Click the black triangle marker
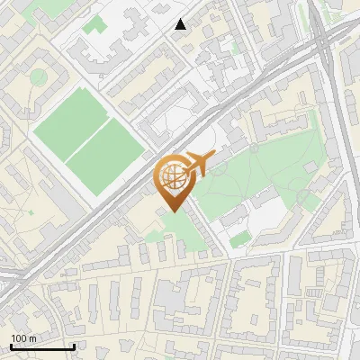point(181,24)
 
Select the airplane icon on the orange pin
point(197,164)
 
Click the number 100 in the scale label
point(18,338)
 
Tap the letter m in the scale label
point(31,338)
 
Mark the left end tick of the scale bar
point(11,346)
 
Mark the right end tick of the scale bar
point(74,346)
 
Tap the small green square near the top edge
point(92,24)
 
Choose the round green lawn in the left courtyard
point(38,77)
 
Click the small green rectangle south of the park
point(239,239)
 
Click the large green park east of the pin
point(261,166)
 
